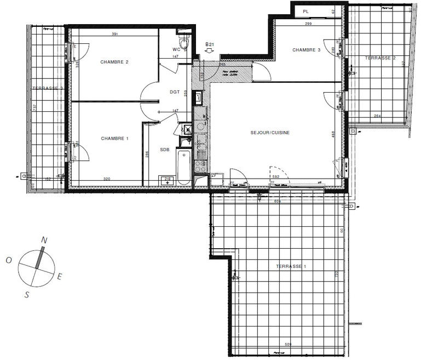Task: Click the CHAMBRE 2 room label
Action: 114,62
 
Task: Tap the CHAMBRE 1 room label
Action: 114,139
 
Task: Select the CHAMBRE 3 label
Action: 306,50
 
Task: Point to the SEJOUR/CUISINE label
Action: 270,133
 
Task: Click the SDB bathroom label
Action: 165,148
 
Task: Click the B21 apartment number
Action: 209,43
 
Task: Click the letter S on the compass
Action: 26,294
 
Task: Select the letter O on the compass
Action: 9,260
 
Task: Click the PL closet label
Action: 306,11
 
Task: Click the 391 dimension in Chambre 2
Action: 115,34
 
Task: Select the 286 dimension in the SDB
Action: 147,155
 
